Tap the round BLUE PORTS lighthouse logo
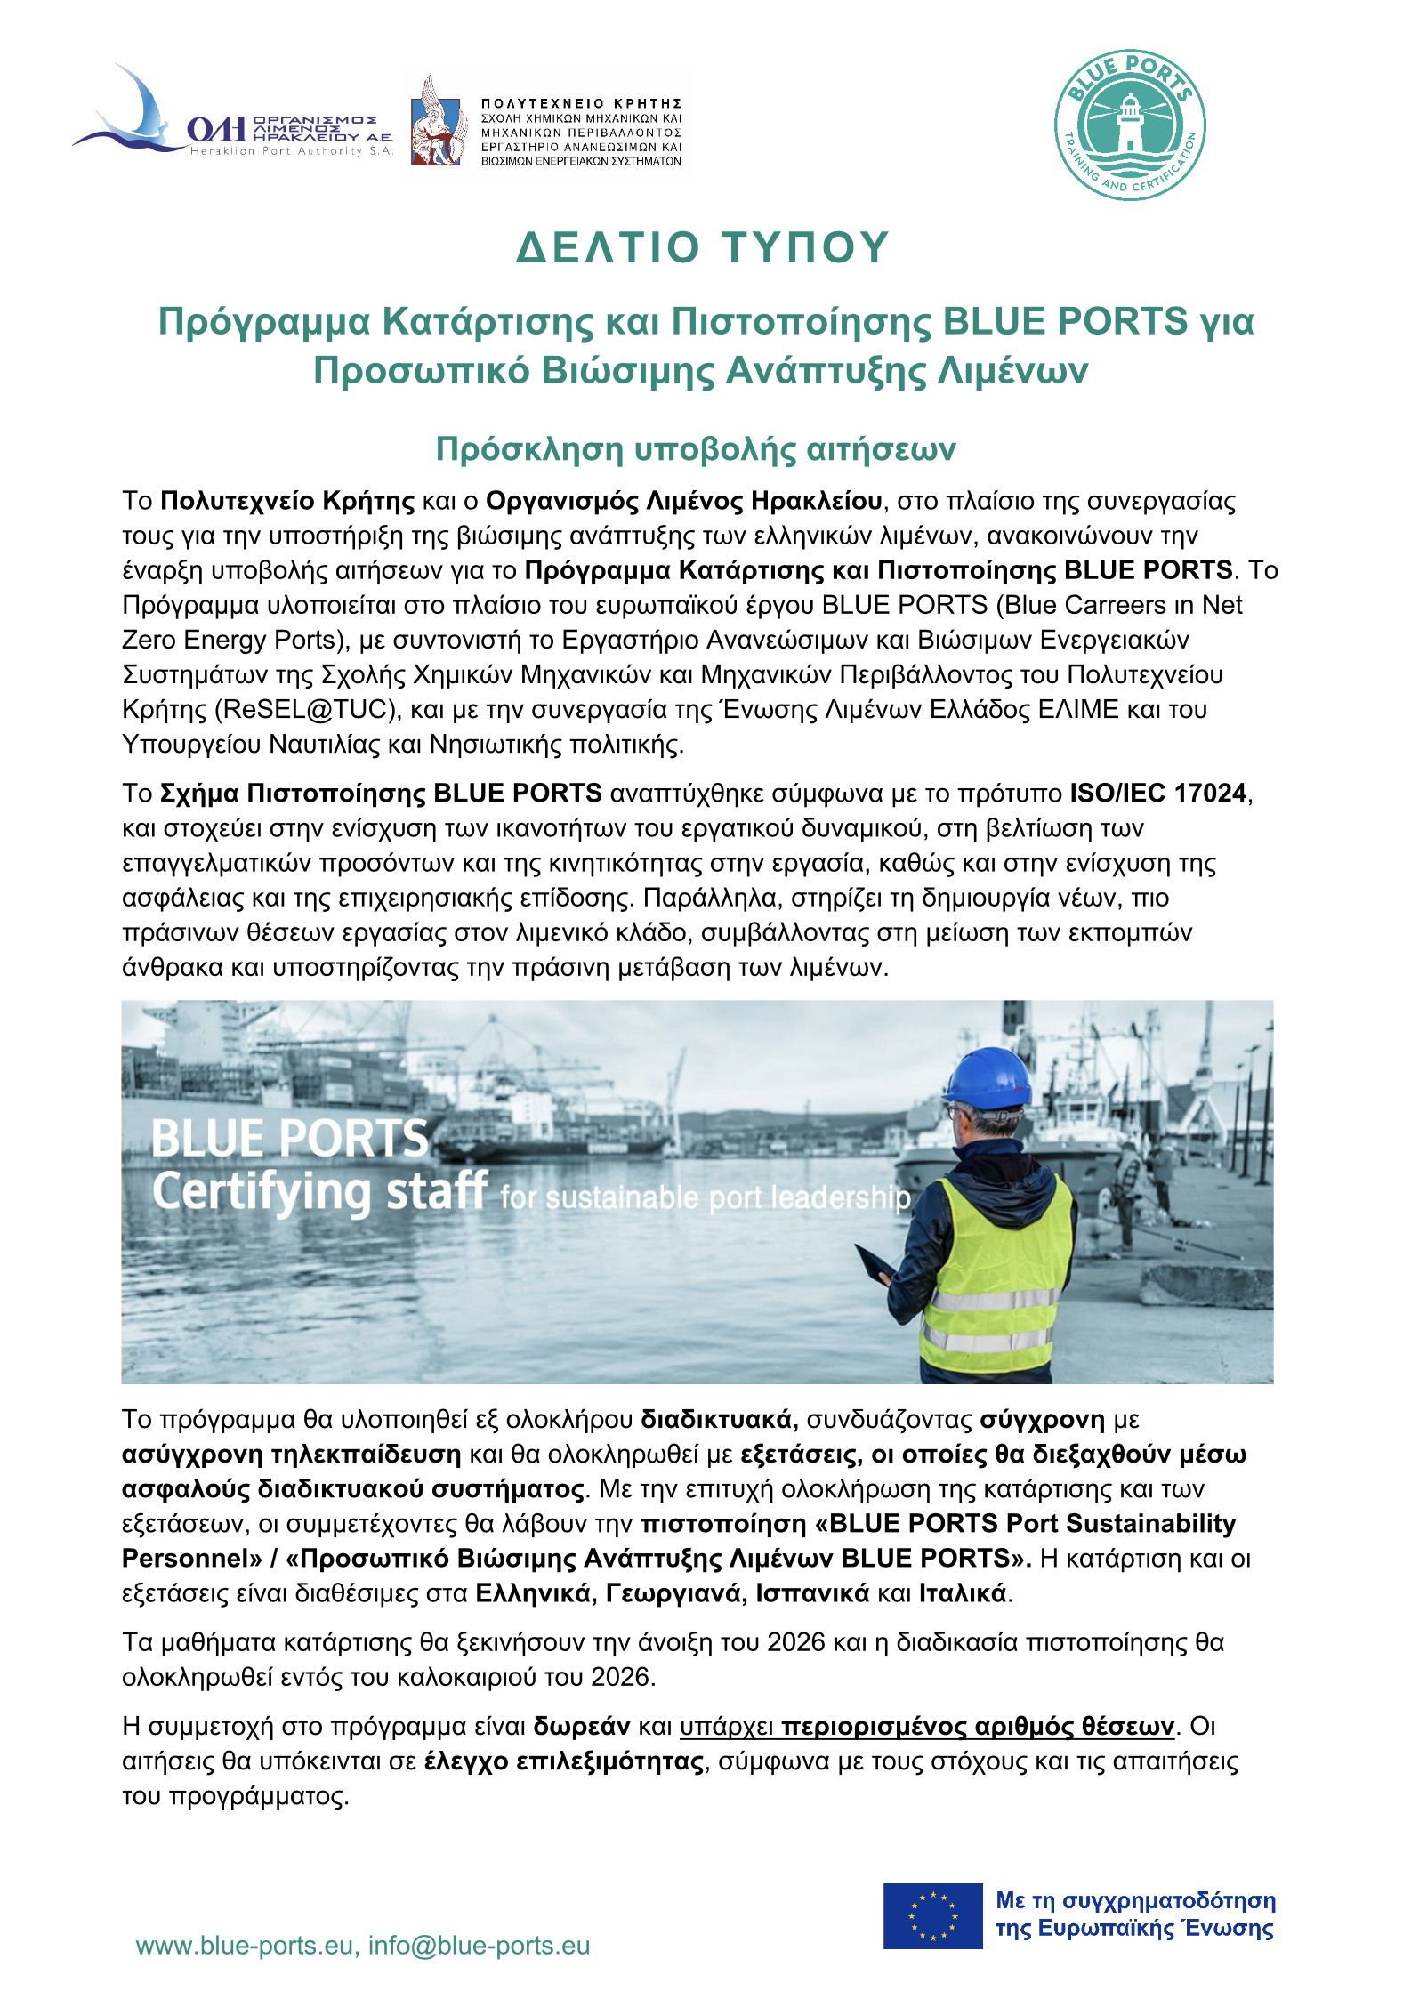[1129, 125]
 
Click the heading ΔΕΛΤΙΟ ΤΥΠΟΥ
[703, 247]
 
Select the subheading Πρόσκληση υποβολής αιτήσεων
[696, 449]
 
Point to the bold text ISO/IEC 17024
[1157, 793]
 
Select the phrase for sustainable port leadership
[705, 1198]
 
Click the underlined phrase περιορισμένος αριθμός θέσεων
[978, 1726]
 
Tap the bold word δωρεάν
[582, 1726]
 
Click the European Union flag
[932, 1915]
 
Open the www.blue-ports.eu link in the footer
[245, 1946]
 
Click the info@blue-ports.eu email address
[479, 1946]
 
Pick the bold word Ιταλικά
[963, 1592]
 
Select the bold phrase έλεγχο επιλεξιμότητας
[565, 1761]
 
